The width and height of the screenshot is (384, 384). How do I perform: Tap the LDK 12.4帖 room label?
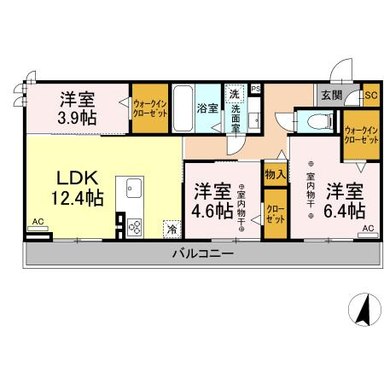tap(79, 189)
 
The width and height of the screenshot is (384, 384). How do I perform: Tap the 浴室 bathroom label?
tap(208, 108)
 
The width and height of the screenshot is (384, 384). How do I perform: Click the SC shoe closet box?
tap(370, 96)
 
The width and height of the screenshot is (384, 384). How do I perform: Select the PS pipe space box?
tap(256, 88)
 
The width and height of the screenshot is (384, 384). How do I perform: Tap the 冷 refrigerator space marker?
tap(172, 229)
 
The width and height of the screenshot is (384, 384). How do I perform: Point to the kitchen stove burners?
tap(136, 225)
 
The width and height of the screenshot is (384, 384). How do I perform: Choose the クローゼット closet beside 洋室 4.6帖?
tap(275, 212)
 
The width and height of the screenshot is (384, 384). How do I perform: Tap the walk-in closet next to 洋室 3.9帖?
tap(149, 109)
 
